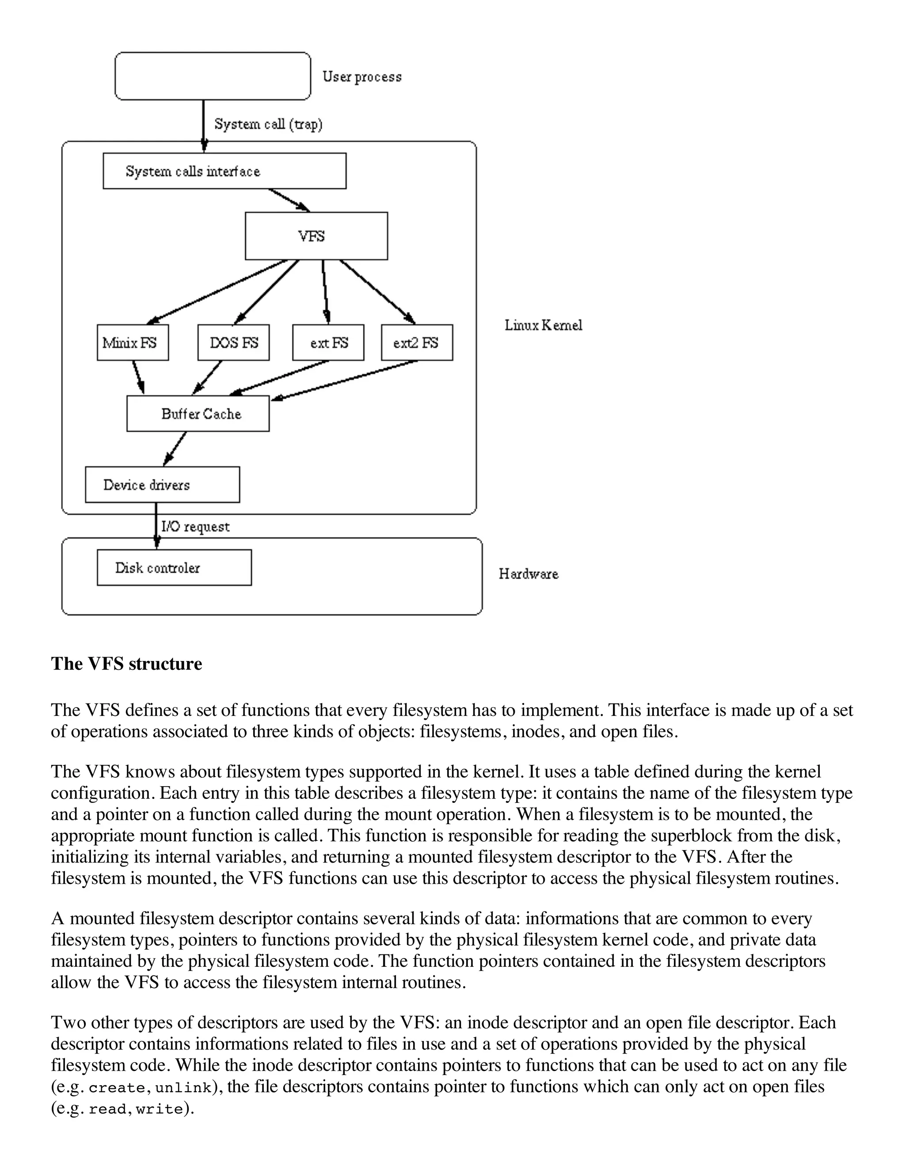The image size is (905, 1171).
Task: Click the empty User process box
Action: pyautogui.click(x=213, y=76)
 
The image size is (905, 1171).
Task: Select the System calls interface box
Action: pyautogui.click(x=224, y=171)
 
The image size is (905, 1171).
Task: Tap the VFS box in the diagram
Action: pyautogui.click(x=316, y=236)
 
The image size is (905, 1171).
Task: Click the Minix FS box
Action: pyautogui.click(x=133, y=342)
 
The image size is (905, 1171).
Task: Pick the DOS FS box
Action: pyautogui.click(x=233, y=342)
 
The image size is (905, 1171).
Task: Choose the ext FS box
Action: pyautogui.click(x=328, y=342)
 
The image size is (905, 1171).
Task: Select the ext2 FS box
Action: pyautogui.click(x=417, y=342)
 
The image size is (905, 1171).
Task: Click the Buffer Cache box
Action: pyautogui.click(x=198, y=414)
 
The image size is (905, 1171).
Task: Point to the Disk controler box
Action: pyautogui.click(x=174, y=567)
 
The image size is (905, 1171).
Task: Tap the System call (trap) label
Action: pyautogui.click(x=268, y=125)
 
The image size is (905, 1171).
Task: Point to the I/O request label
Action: pyautogui.click(x=195, y=527)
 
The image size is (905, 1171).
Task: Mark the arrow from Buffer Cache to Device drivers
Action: pyautogui.click(x=175, y=448)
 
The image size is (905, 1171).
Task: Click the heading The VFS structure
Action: pyautogui.click(x=126, y=664)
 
